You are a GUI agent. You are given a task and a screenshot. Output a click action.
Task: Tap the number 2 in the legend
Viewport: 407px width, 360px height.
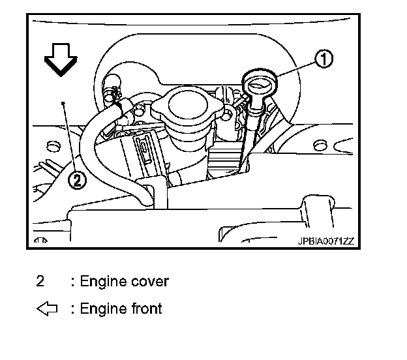pyautogui.click(x=40, y=282)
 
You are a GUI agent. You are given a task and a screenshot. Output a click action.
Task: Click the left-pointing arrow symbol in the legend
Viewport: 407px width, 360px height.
pyautogui.click(x=48, y=308)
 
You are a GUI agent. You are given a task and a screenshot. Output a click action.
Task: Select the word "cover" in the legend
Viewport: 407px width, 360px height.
pyautogui.click(x=148, y=282)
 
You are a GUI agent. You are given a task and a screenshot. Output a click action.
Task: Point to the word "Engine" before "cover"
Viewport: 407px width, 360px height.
pyautogui.click(x=104, y=282)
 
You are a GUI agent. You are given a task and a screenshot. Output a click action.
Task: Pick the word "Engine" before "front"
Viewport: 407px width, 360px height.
pyautogui.click(x=104, y=309)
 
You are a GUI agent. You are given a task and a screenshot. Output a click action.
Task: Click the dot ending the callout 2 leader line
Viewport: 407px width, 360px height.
pyautogui.click(x=63, y=102)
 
